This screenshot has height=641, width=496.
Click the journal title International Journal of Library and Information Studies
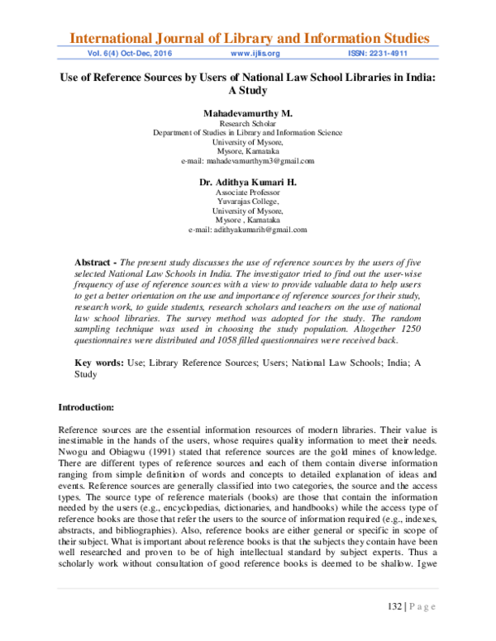[248, 38]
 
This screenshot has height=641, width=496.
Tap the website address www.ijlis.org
[256, 54]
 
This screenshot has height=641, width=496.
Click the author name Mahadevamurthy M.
[248, 112]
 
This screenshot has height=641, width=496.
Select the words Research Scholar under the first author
[248, 122]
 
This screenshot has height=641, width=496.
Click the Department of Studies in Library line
[248, 132]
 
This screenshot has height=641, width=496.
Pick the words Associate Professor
[248, 192]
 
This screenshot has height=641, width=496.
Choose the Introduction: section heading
[92, 407]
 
